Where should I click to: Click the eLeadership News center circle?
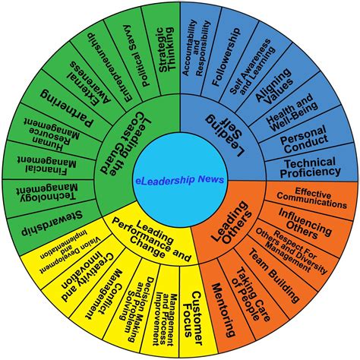coord(180,179)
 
